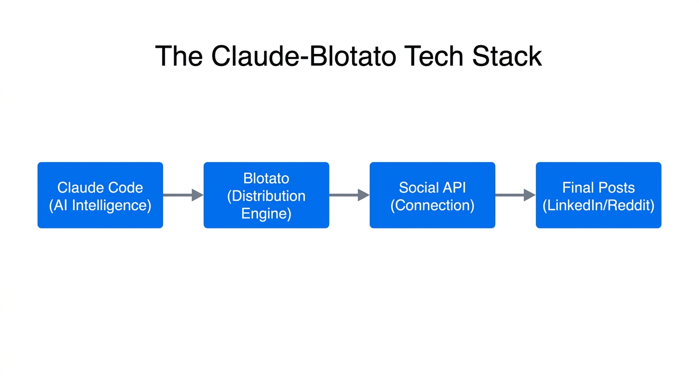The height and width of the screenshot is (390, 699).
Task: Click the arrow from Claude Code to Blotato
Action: tap(182, 195)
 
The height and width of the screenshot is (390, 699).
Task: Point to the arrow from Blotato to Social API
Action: tap(348, 195)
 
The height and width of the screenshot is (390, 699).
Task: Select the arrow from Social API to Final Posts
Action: tap(515, 195)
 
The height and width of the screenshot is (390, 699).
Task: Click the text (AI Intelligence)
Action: tap(100, 205)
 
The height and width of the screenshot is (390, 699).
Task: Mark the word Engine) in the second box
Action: tap(266, 213)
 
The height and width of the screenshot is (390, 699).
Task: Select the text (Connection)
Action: tap(432, 205)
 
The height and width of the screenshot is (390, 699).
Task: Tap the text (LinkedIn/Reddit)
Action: tap(598, 205)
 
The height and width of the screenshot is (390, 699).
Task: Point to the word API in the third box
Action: tap(454, 187)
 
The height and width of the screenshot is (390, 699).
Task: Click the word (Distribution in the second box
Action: tap(266, 196)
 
